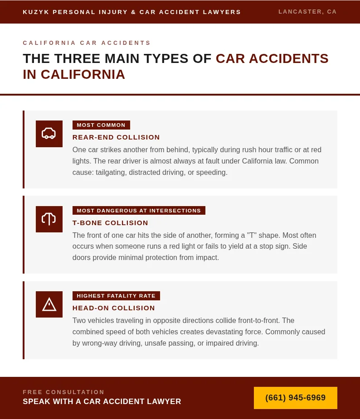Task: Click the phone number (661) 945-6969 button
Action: [295, 398]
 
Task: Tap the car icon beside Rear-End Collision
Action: [49, 134]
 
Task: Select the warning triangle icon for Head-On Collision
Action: [49, 304]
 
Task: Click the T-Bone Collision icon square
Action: [49, 219]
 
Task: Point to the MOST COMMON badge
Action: [101, 125]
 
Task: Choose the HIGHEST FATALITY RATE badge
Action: [116, 296]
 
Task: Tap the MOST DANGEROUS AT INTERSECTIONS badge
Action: [139, 211]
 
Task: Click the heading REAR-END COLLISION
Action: [116, 137]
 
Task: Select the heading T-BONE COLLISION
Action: [110, 223]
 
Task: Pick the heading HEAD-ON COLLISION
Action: [114, 308]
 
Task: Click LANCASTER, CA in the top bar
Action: [307, 12]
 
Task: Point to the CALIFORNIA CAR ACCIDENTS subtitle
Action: [87, 43]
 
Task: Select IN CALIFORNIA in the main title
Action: [74, 74]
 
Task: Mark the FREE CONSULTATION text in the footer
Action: [63, 392]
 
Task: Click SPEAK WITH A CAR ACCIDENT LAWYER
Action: [102, 401]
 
